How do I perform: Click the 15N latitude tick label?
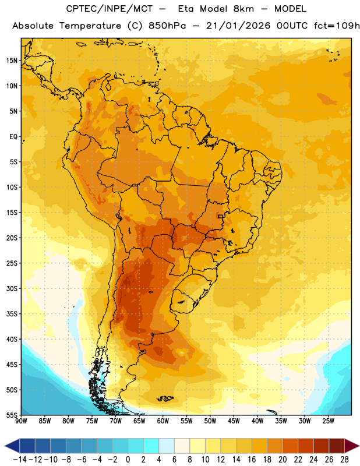point(12,61)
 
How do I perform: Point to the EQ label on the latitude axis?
point(13,137)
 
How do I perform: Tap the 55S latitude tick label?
point(12,415)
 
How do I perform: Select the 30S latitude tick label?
point(12,288)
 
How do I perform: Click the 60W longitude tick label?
point(163,421)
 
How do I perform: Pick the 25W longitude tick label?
point(328,421)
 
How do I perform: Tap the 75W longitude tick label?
point(92,421)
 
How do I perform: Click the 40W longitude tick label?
point(257,421)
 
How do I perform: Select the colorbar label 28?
point(344,460)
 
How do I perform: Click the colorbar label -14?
point(20,460)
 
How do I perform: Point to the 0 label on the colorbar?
point(128,460)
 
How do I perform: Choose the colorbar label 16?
point(252,460)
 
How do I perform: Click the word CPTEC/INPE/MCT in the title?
point(110,9)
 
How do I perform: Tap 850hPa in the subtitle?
point(167,26)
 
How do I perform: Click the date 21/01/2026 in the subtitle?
point(238,26)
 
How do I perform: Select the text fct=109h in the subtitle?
point(337,26)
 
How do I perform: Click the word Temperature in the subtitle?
point(90,26)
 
